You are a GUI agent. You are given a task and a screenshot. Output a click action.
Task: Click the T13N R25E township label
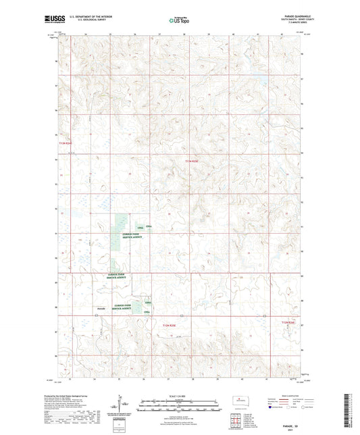pyautogui.click(x=193, y=160)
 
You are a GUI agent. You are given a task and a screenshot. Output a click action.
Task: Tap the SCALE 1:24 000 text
pyautogui.click(x=179, y=395)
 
